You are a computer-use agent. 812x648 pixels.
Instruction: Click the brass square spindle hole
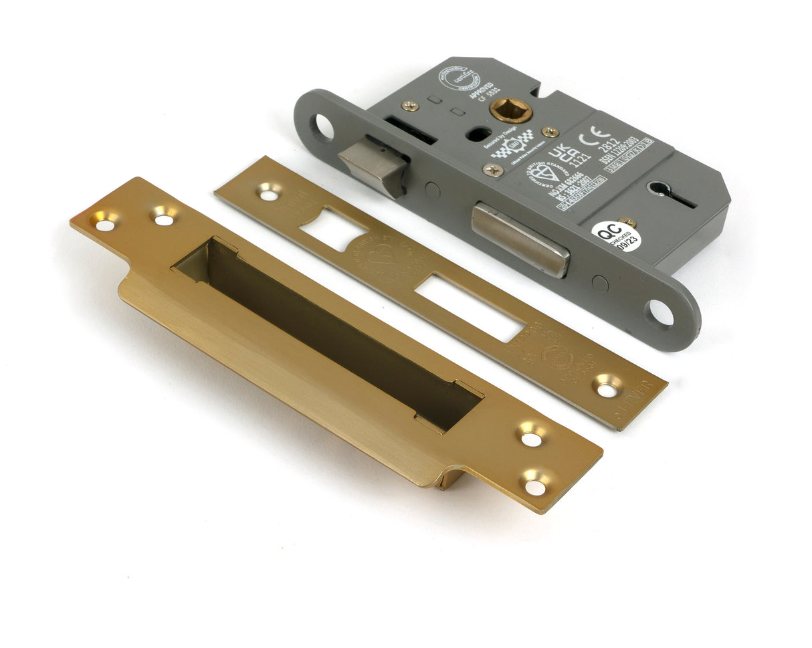(510, 110)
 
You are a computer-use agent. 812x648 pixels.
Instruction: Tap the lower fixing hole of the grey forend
(659, 312)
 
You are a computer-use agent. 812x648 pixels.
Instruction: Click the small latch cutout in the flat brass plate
(332, 229)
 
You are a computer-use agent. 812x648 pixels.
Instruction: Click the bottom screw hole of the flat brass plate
(607, 387)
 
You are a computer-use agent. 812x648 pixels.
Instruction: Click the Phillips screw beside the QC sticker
(627, 221)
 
